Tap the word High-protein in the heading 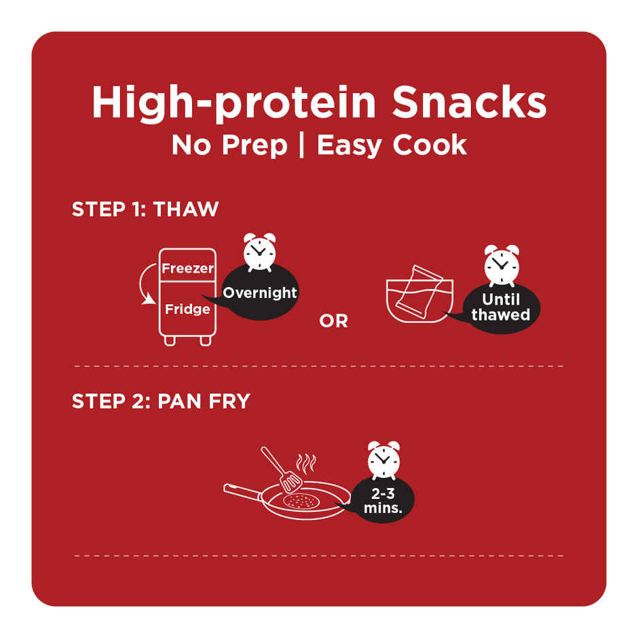pos(233,104)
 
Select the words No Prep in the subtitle pos(229,145)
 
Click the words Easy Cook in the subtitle pos(392,145)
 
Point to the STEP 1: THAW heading pos(145,209)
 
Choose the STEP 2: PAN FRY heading pos(161,401)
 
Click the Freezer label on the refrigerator pos(187,268)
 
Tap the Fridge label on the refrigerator pos(187,309)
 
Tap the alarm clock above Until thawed pos(502,265)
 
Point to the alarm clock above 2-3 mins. pos(383,460)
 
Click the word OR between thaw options pos(334,321)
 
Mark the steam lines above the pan pos(306,463)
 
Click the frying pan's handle pos(243,491)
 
